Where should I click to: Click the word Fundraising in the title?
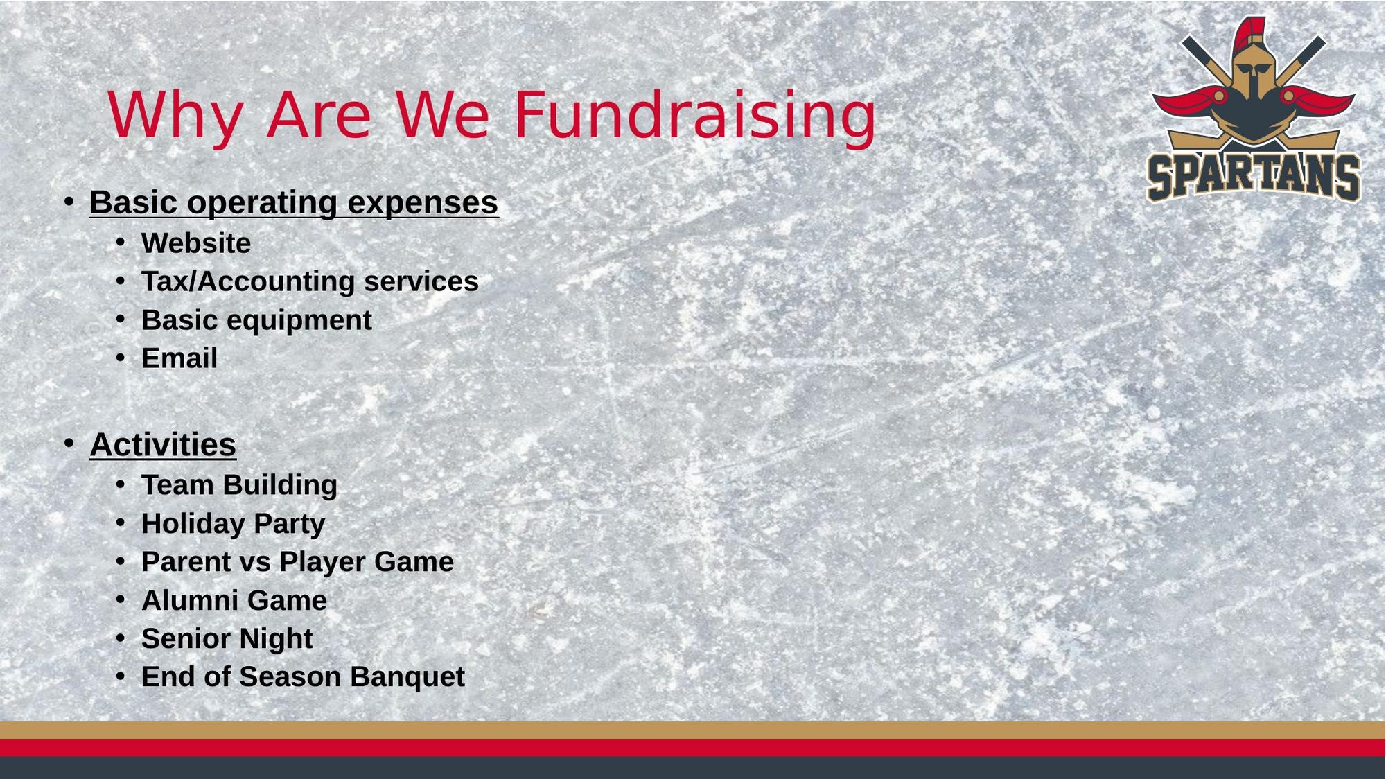tap(695, 116)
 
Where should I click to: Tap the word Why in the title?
tap(175, 116)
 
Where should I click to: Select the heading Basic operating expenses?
tap(294, 202)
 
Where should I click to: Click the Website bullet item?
tap(196, 243)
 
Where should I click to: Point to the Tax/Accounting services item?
tap(310, 281)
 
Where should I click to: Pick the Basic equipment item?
tap(256, 320)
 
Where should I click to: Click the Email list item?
tap(179, 358)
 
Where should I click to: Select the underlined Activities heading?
tap(163, 444)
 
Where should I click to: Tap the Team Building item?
tap(239, 485)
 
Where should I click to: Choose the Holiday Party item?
tap(233, 524)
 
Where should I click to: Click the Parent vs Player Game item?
tap(297, 561)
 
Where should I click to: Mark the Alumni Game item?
tap(234, 600)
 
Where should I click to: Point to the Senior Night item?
tap(227, 639)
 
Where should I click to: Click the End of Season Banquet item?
tap(303, 677)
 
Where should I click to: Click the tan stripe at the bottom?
tap(693, 730)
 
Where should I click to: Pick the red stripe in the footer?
tap(693, 748)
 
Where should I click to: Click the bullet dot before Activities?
tap(69, 443)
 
